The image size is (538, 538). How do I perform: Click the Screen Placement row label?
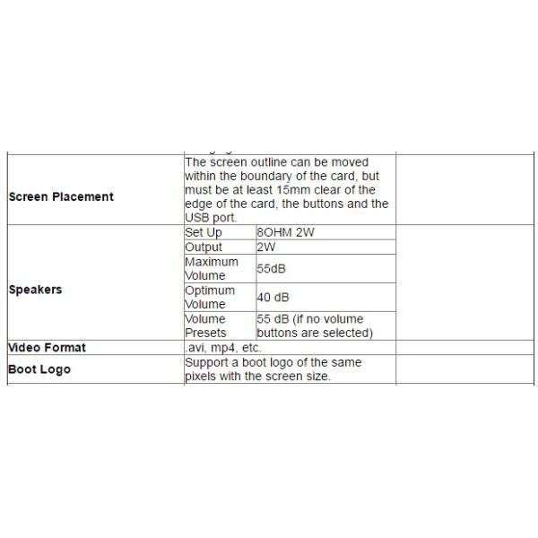[x=61, y=197]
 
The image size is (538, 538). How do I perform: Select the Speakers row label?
[x=35, y=291]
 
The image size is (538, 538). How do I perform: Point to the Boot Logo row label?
[x=39, y=369]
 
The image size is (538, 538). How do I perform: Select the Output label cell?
[x=204, y=247]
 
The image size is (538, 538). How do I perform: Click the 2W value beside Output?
[x=266, y=247]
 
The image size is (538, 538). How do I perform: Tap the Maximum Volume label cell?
[x=211, y=268]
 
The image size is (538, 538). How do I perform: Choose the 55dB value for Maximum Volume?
[x=272, y=268]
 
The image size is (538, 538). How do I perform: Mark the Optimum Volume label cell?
[x=210, y=297]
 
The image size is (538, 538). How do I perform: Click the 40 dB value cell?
[x=273, y=297]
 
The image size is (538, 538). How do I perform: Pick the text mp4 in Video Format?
[x=222, y=348]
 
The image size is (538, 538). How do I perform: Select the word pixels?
[x=203, y=377]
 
